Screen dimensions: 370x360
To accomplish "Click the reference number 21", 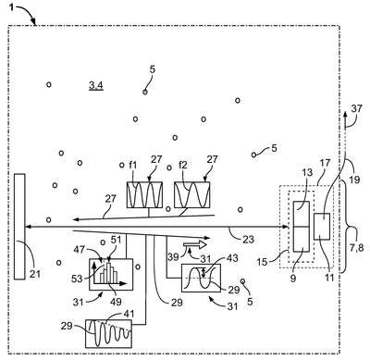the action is coord(35,273).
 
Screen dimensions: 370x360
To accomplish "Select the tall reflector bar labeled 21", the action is coord(19,227).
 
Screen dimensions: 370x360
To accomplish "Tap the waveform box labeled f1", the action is coord(144,194).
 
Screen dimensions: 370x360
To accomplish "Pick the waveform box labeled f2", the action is coord(192,194).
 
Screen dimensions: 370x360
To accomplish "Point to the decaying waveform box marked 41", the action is coord(108,334).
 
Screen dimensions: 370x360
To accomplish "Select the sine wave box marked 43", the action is coord(201,278).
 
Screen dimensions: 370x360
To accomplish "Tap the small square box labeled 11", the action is coord(322,227).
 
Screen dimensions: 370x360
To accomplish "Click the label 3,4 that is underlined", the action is coord(96,85).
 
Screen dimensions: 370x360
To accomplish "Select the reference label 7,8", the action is coord(357,247).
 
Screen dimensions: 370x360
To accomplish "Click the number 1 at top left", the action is coord(11,7).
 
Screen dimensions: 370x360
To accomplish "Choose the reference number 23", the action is coord(249,239).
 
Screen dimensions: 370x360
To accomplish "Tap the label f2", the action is coord(183,166).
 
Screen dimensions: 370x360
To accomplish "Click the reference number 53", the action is coord(77,279).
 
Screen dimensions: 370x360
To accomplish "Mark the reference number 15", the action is coord(262,262).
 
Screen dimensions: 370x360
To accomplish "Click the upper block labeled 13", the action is coord(302,214).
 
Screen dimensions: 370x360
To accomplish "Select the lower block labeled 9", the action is coord(302,240).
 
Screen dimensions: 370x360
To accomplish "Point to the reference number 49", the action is coord(116,301).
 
